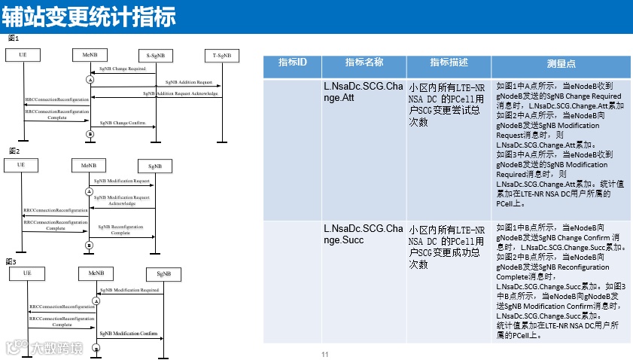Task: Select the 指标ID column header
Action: click(293, 63)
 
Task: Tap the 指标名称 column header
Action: click(364, 63)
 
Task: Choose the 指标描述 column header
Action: click(449, 63)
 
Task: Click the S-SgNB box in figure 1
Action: click(156, 55)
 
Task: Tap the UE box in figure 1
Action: click(23, 55)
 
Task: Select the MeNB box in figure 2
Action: click(88, 165)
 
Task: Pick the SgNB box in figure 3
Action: click(164, 273)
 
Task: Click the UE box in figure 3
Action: click(27, 273)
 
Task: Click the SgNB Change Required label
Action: click(123, 69)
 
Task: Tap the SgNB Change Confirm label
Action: click(123, 122)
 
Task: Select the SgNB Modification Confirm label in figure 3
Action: click(129, 333)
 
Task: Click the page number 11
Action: click(325, 355)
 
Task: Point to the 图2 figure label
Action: click(13, 151)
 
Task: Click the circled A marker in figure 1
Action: click(90, 79)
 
